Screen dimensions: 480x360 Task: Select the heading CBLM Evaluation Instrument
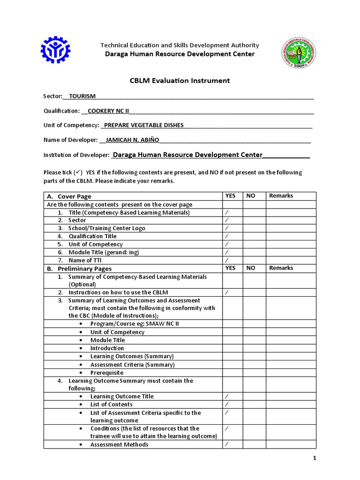[180, 81]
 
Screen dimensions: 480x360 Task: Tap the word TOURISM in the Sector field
[82, 96]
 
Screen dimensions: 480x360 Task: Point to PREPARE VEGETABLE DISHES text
[143, 125]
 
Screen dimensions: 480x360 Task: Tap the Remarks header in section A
[281, 196]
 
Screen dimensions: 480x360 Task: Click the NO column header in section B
[251, 268]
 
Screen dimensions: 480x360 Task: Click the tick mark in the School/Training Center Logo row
[226, 228]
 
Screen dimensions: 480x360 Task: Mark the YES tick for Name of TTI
[226, 260]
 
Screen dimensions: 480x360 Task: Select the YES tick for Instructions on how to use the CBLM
[226, 292]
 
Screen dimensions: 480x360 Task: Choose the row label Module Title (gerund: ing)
[104, 252]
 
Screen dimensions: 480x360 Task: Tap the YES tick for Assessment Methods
[226, 444]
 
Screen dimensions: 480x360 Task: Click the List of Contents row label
[111, 404]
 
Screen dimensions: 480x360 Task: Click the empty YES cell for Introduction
[232, 348]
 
